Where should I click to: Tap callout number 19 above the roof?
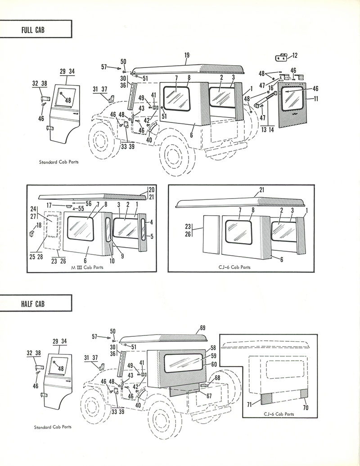pos(187,56)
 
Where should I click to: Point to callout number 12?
pos(295,56)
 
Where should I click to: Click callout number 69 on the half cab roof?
pos(202,327)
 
